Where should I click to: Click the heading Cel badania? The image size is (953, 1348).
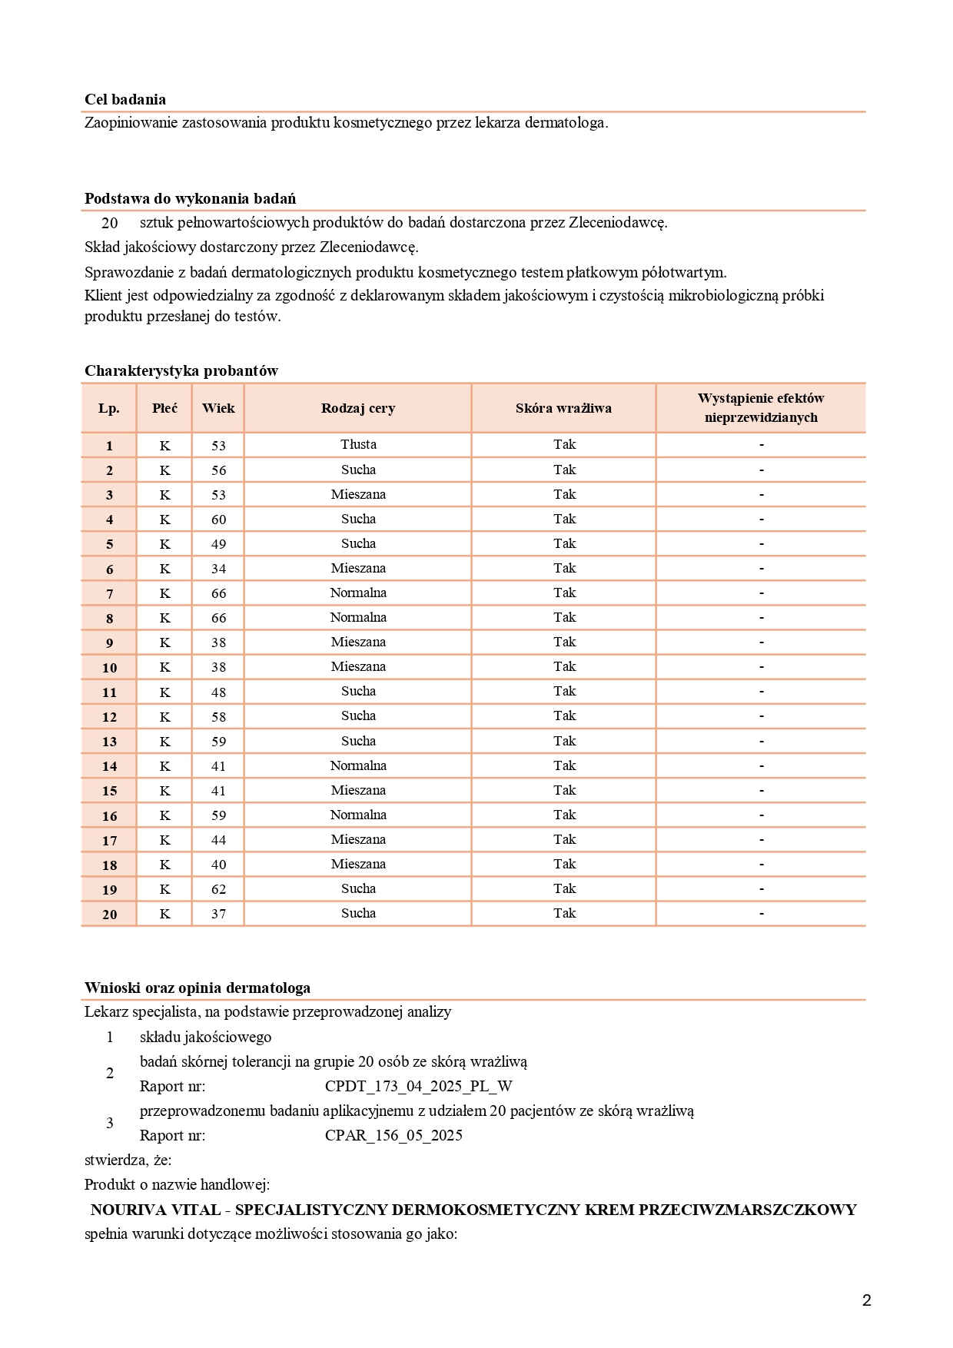coord(125,99)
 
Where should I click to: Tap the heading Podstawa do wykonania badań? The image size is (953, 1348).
coord(190,198)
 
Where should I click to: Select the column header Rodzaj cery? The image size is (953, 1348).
coord(358,408)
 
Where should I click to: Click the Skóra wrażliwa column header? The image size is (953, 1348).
coord(563,408)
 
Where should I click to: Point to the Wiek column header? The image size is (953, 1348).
coord(218,408)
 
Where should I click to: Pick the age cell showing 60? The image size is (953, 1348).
coord(219,520)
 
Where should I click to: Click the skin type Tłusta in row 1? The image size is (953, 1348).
coord(358,444)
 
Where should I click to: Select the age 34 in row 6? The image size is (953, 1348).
coord(219,569)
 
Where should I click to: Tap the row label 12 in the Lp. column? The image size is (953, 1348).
coord(109,717)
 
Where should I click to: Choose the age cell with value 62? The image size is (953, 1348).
coord(219,889)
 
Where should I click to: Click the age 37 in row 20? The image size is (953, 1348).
coord(219,914)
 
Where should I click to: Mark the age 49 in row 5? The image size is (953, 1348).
coord(219,544)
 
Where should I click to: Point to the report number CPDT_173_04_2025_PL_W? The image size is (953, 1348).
coord(418,1086)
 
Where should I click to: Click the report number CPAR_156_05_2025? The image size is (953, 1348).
coord(393,1135)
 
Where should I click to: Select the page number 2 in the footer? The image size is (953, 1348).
coord(867,1300)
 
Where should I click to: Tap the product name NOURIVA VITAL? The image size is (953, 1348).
coord(155,1210)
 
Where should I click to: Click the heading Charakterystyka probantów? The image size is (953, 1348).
coord(181,370)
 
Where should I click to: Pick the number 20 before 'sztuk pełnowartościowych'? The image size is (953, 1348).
coord(110,223)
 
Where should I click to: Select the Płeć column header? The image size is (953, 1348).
coord(164,408)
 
